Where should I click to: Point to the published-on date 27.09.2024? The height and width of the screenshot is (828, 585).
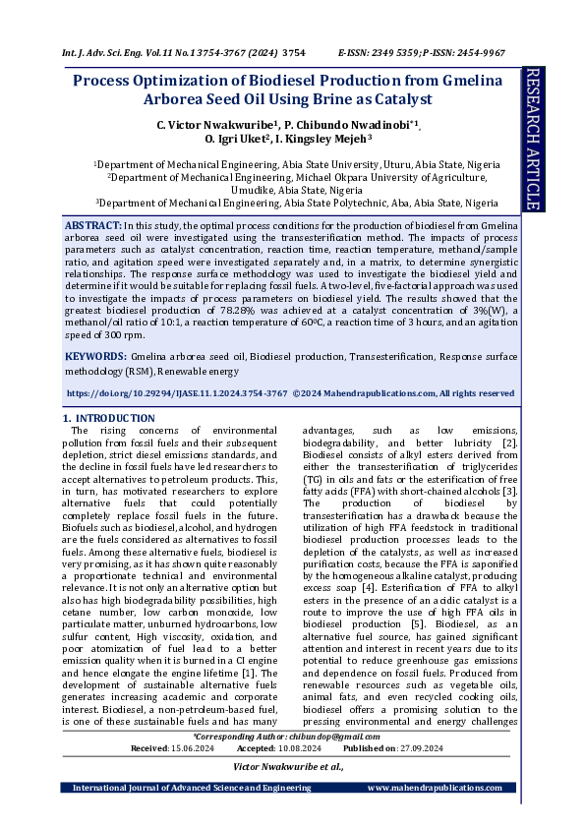pyautogui.click(x=419, y=748)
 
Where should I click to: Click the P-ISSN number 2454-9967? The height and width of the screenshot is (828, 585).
pyautogui.click(x=482, y=51)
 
